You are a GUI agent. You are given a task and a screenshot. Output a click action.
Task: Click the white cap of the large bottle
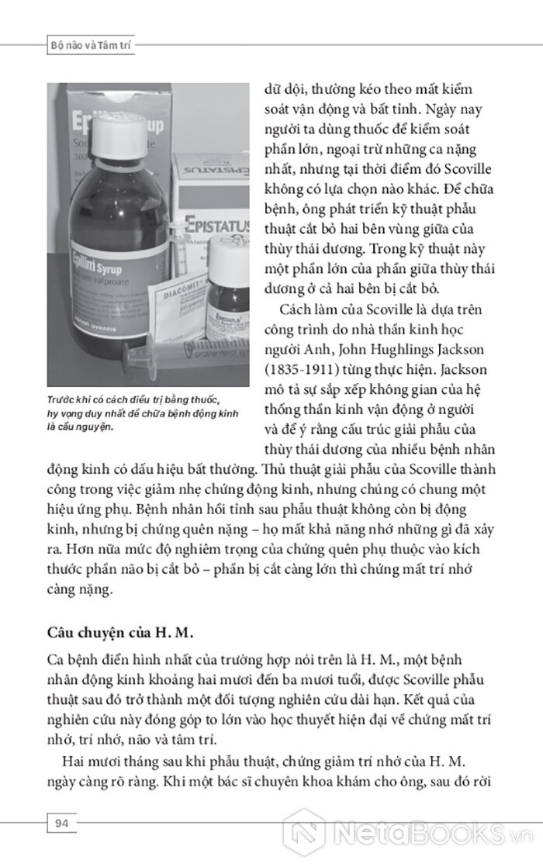(119, 136)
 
